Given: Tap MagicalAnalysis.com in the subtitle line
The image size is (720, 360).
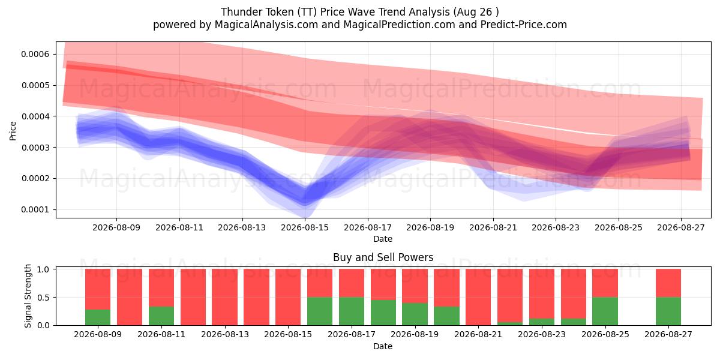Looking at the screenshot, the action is click(x=266, y=25).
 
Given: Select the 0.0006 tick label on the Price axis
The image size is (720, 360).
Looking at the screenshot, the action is click(x=35, y=54).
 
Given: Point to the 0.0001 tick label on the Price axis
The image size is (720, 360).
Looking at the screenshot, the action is click(x=35, y=209).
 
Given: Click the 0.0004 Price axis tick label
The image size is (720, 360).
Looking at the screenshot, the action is click(x=35, y=116).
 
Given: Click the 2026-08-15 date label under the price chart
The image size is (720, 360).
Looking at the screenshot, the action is click(x=305, y=227).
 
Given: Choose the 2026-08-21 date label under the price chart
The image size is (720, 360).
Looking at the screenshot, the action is click(x=493, y=227).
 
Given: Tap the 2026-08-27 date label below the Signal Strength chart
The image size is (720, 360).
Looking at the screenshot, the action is click(x=668, y=334).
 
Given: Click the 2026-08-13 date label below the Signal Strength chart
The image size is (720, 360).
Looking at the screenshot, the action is click(x=224, y=334).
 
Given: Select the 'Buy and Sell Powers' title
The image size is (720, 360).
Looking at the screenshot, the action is click(x=383, y=257).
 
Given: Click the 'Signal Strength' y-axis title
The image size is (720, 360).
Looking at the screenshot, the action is click(x=28, y=296).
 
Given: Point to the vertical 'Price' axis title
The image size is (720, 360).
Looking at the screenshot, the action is click(x=13, y=131).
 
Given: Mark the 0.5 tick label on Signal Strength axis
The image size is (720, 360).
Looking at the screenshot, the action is click(x=43, y=298).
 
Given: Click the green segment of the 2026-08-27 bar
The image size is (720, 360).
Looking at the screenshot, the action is click(x=668, y=311).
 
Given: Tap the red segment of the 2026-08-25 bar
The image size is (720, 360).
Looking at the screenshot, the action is click(x=605, y=283).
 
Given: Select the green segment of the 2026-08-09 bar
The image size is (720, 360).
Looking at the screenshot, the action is click(x=98, y=317).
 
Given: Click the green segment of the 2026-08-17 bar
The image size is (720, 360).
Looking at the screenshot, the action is click(x=352, y=311).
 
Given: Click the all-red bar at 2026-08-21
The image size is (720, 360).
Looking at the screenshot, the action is click(x=478, y=297).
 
